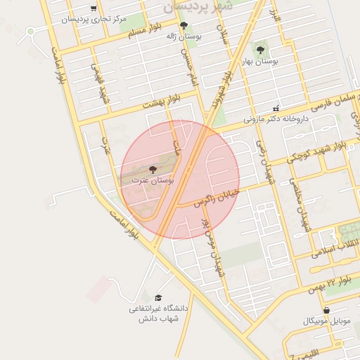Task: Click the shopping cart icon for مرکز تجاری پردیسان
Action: click(x=94, y=9)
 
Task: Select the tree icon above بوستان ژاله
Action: click(x=184, y=26)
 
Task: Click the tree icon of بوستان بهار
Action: click(x=261, y=50)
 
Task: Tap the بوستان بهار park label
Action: click(x=260, y=61)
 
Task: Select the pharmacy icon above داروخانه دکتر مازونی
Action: click(x=276, y=108)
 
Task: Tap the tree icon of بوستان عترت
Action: click(x=153, y=169)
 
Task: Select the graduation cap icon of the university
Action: click(x=159, y=298)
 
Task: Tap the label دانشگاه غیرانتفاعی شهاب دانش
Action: click(x=159, y=314)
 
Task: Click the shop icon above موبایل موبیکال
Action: click(x=326, y=311)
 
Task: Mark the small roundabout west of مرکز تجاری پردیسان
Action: click(x=30, y=31)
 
